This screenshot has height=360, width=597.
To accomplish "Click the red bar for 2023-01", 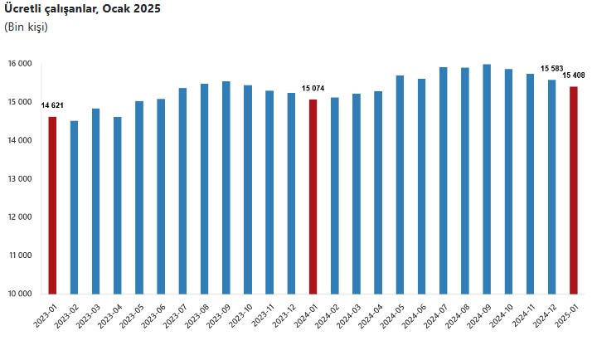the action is coord(52,206).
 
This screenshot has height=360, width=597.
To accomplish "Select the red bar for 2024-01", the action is coord(313,197).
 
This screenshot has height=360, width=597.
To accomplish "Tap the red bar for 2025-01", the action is coord(574,191).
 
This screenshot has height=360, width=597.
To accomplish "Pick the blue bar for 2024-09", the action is coord(487,179).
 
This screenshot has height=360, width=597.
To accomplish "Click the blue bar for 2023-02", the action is coord(74,207).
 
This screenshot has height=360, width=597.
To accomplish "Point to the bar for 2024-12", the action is coord(551,187).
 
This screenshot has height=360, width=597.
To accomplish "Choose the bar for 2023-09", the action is coord(226,187).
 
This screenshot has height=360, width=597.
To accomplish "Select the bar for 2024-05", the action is coord(400,185).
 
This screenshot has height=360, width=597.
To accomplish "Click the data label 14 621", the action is coord(52,105).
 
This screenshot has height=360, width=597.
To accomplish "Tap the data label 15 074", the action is coord(313,89).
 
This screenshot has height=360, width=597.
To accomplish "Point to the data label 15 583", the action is coord(551,69).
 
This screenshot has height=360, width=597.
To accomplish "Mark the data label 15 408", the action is coord(574,75).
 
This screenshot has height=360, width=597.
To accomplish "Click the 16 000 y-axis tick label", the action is coord(20,64).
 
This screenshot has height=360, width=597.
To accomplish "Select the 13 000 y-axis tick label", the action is coord(20,178).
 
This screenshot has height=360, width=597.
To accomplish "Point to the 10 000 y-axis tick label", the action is coord(20,294).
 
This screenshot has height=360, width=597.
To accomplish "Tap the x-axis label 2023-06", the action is coord(153,316).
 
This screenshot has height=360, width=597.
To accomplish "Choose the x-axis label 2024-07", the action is coord(435,316).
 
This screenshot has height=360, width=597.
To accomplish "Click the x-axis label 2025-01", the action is coord(566,316).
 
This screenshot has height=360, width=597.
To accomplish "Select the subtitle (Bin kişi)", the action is coord(26,27).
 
